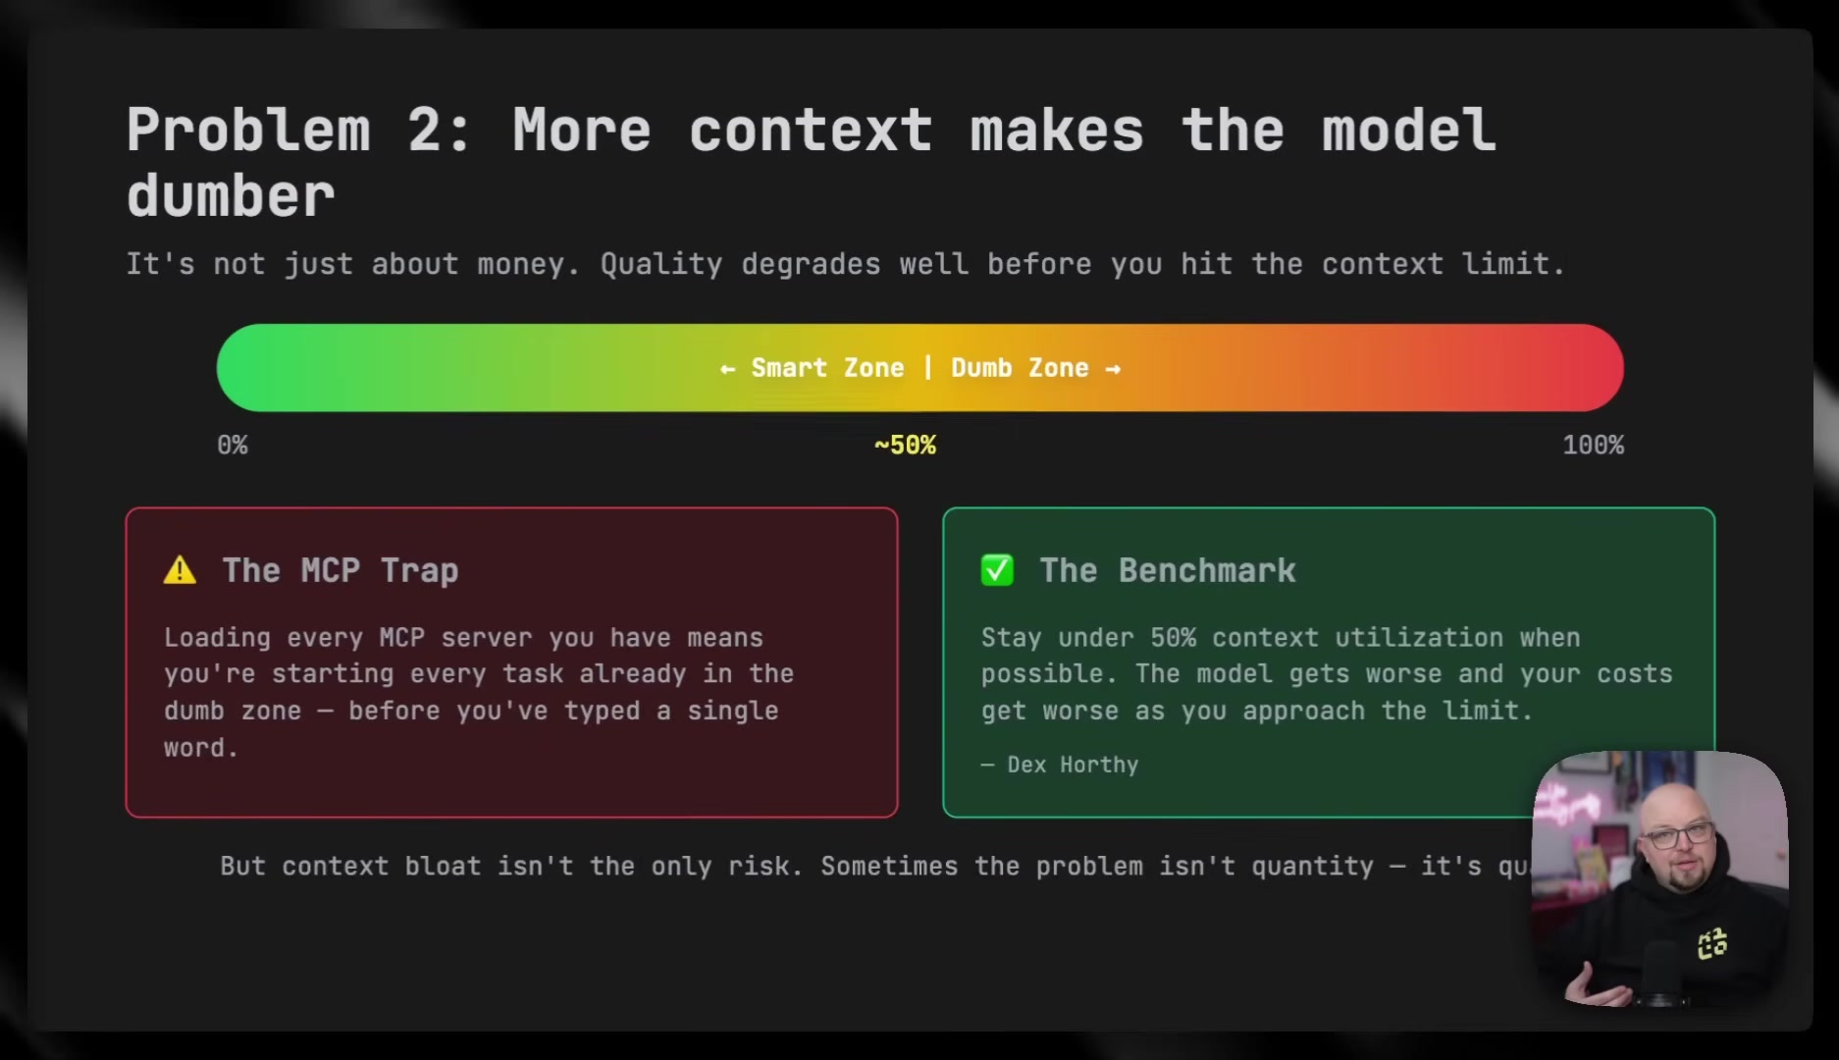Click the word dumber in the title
[x=231, y=196]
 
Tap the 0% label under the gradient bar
[x=233, y=446]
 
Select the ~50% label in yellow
[x=905, y=446]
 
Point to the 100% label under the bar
[x=1593, y=446]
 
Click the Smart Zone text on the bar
[x=827, y=368]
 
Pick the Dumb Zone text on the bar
[x=1020, y=368]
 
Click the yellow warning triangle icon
[x=180, y=570]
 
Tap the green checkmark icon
[x=997, y=570]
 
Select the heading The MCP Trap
[x=340, y=570]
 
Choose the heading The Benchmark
[x=1168, y=570]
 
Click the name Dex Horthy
[x=1073, y=765]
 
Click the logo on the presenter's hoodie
[x=1712, y=944]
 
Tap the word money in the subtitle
[x=521, y=264]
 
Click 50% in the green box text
[x=1173, y=638]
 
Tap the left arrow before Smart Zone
[x=727, y=369]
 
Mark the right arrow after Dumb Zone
[x=1113, y=369]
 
